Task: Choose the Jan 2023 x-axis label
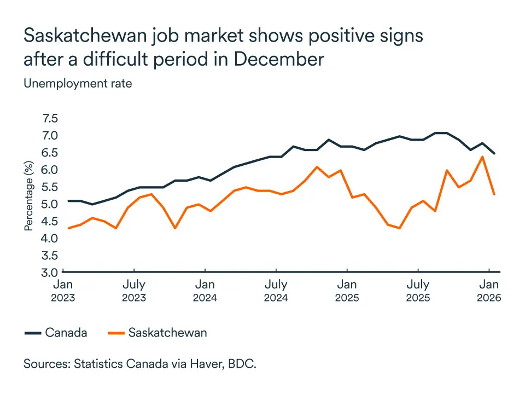click(63, 291)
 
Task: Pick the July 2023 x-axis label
click(133, 291)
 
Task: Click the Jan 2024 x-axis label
click(205, 291)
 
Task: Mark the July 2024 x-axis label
click(276, 291)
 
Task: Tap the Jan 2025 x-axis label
click(347, 291)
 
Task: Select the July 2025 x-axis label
click(418, 291)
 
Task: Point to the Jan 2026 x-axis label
click(489, 291)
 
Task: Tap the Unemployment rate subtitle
click(77, 84)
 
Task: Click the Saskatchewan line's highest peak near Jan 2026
click(482, 157)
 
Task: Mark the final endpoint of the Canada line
click(494, 153)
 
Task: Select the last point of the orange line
click(494, 194)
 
